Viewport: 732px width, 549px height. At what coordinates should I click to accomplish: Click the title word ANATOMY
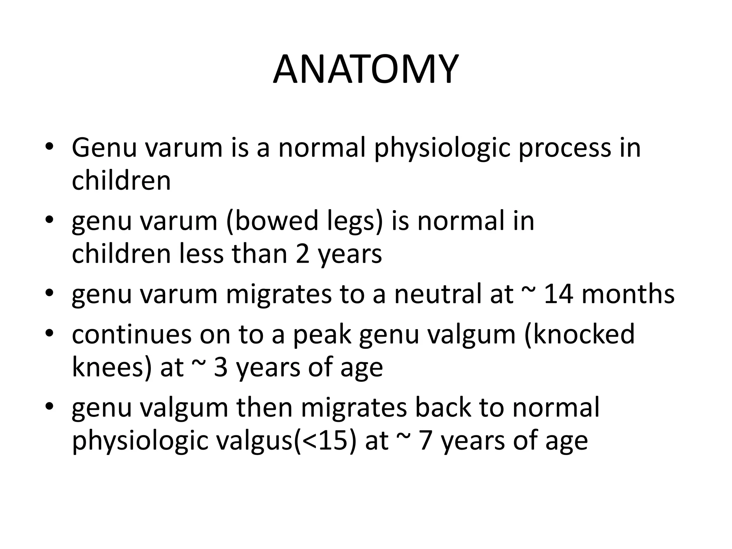pyautogui.click(x=366, y=69)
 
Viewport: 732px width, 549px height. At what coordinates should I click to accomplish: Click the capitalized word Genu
pyautogui.click(x=104, y=148)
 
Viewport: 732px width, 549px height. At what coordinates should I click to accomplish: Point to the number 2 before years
pyautogui.click(x=302, y=254)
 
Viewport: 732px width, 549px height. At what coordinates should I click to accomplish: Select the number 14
pyautogui.click(x=559, y=294)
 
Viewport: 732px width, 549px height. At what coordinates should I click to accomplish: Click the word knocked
pyautogui.click(x=579, y=334)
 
